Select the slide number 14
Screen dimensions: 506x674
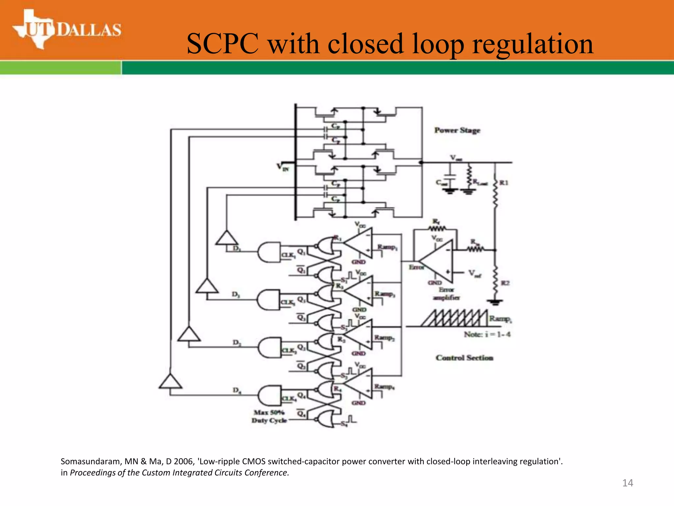click(x=628, y=483)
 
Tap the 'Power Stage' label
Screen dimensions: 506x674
click(x=457, y=130)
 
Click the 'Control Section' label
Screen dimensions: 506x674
click(x=464, y=358)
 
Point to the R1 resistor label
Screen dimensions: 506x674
click(x=504, y=183)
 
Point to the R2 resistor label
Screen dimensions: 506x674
click(x=505, y=283)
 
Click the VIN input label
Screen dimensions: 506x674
click(x=283, y=167)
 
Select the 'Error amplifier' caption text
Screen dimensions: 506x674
click(x=446, y=294)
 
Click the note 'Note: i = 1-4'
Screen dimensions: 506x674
click(x=487, y=334)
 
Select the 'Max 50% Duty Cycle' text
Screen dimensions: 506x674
click(x=269, y=416)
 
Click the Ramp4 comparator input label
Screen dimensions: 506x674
click(x=384, y=386)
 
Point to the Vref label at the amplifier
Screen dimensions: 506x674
click(x=475, y=273)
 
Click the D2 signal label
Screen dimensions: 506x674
click(x=237, y=343)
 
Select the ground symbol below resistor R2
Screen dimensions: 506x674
click(x=495, y=302)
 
